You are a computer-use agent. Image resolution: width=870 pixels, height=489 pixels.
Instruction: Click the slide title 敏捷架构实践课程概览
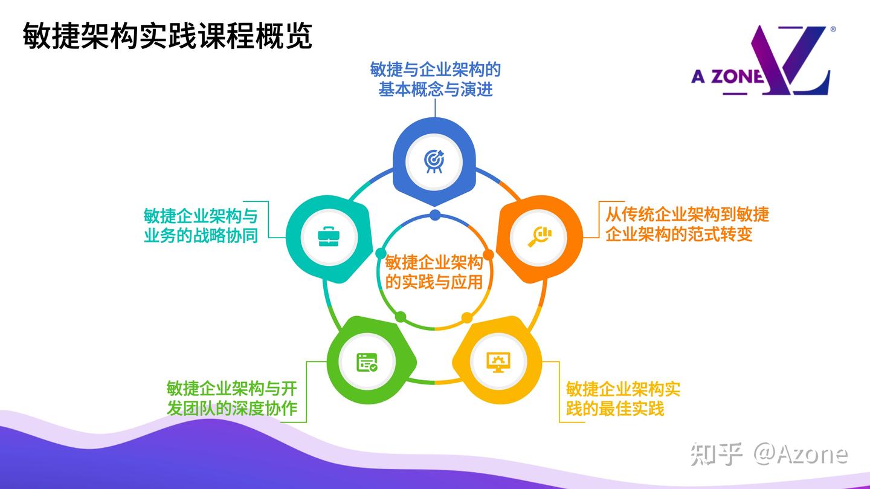coord(167,36)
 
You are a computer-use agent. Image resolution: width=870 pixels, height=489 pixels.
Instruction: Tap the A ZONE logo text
coord(727,77)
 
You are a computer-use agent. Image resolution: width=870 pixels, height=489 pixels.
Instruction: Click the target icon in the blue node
coord(434,161)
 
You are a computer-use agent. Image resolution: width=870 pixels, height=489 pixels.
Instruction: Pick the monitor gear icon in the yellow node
coord(498,361)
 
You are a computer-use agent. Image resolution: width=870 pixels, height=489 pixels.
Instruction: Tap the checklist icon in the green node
coord(366,361)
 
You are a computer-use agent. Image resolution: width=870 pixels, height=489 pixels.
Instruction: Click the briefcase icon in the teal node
coord(328,236)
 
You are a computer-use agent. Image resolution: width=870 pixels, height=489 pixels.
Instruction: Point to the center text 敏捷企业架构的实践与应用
coord(434,272)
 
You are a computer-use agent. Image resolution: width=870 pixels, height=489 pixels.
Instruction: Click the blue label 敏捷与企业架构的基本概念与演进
coord(435,79)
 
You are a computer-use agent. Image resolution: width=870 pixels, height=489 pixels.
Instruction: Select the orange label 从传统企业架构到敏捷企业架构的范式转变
coord(687,224)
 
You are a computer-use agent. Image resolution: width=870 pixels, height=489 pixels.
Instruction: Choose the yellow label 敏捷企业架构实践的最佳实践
coord(623,398)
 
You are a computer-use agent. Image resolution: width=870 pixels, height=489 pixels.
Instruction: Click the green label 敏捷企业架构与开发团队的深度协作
coord(232,398)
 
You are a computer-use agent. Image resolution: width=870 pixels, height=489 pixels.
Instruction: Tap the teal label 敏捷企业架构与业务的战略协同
coord(201,225)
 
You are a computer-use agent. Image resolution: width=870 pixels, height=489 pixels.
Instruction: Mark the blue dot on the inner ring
coord(434,215)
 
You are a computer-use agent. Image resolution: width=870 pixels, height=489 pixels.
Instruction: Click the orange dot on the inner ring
coord(488,255)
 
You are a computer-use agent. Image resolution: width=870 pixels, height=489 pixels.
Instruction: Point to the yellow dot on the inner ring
coord(467,317)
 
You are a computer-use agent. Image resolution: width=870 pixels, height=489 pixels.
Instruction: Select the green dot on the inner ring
coord(400,317)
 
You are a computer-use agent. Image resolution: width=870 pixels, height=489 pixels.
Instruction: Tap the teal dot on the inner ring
coord(380,253)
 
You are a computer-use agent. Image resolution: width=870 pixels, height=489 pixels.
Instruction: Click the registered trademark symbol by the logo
coord(833,29)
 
